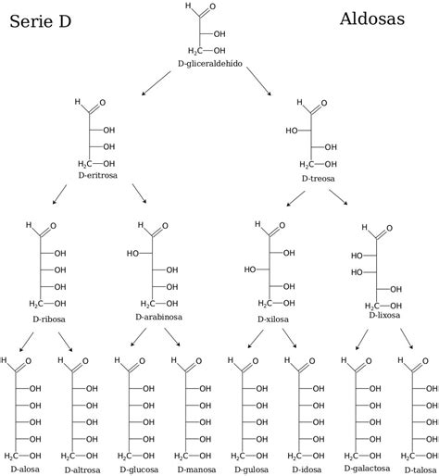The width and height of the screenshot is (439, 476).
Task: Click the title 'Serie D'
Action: (x=41, y=21)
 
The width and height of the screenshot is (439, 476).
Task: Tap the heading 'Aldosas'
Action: (x=372, y=19)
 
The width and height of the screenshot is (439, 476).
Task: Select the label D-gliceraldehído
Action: (x=210, y=64)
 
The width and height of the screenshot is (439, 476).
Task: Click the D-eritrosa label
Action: (x=98, y=175)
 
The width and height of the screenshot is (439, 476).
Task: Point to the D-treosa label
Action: (x=318, y=179)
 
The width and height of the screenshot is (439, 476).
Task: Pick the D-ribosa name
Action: (x=49, y=319)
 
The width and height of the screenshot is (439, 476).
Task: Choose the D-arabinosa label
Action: (x=158, y=317)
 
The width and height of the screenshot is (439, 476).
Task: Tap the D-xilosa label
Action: (x=273, y=319)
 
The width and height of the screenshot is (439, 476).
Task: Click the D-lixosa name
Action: (x=384, y=315)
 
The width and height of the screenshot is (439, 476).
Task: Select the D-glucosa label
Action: (x=139, y=470)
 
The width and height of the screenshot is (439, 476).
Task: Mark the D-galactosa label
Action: (x=367, y=469)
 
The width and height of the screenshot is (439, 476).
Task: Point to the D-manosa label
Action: (x=196, y=470)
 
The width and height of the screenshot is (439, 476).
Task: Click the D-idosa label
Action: (x=307, y=470)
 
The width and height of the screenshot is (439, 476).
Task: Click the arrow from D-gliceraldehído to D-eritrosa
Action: (x=156, y=83)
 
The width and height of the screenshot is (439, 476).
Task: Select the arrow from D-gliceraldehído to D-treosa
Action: (x=259, y=81)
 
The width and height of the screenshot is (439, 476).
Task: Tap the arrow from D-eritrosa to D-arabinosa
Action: (x=140, y=194)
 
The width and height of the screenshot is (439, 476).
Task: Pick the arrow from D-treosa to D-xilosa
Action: (x=295, y=198)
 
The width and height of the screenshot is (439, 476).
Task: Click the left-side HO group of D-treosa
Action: (x=292, y=131)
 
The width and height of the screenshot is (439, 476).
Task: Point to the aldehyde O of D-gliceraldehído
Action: (x=212, y=6)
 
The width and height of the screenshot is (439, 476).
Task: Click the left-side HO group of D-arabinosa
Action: (x=132, y=254)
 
